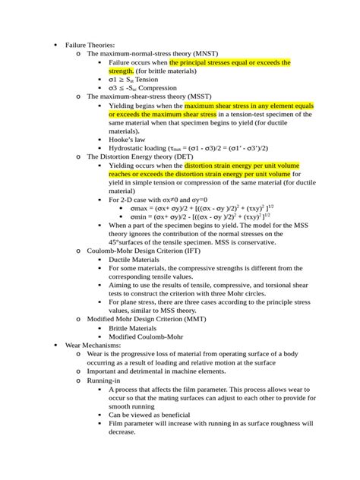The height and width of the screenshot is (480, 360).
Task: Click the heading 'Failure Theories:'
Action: (90, 45)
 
